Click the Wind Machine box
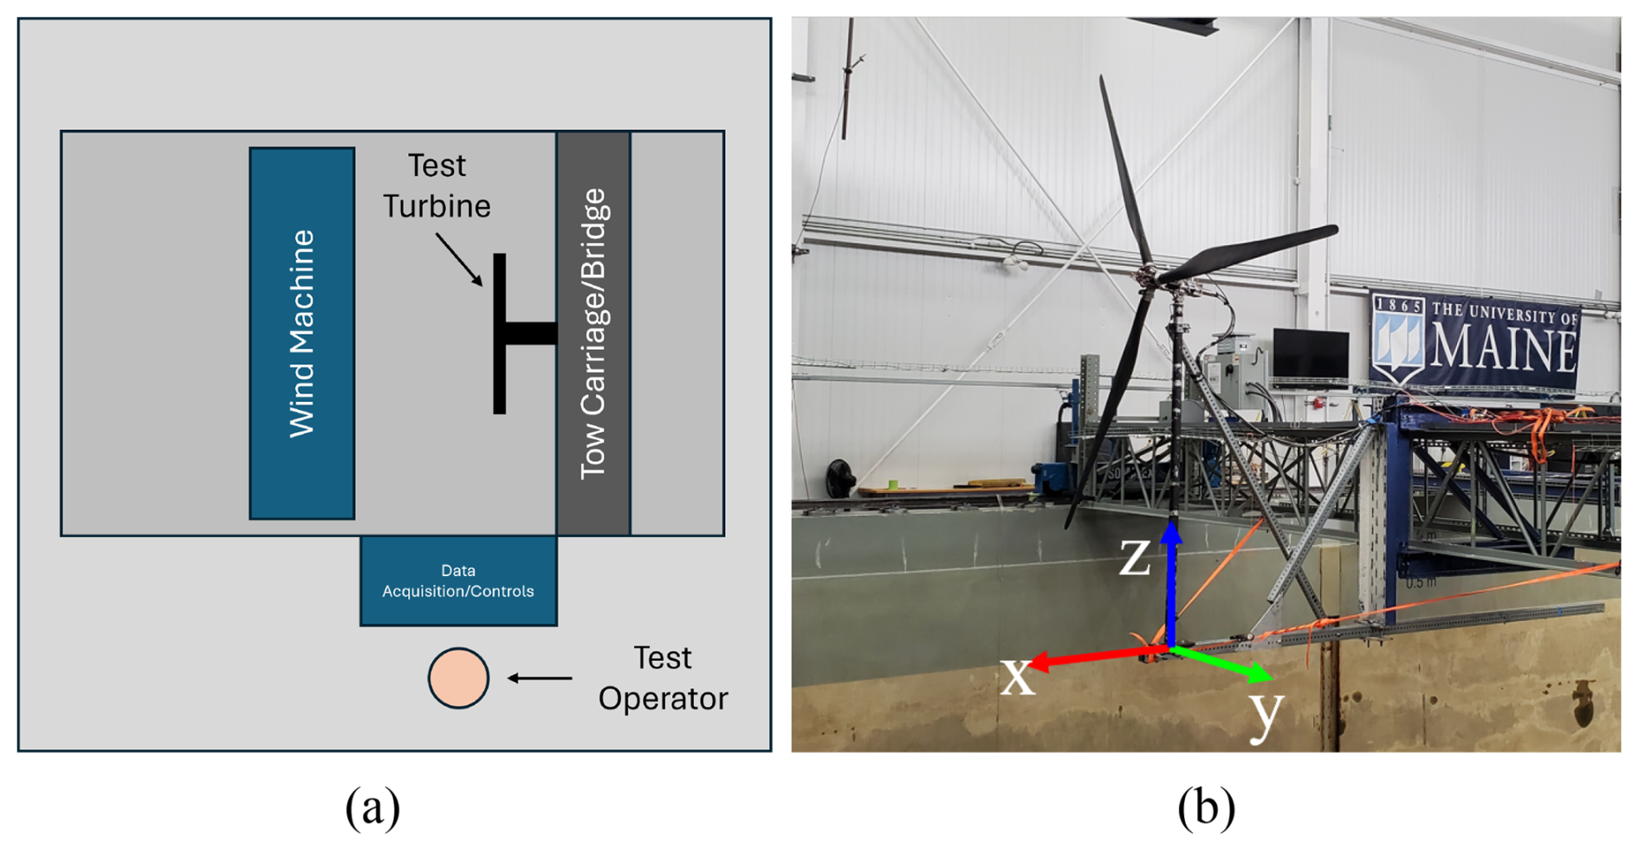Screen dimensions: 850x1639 click(x=301, y=334)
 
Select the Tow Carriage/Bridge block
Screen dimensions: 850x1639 click(x=593, y=334)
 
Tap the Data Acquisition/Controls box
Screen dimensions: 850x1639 click(x=458, y=581)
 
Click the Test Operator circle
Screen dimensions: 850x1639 click(x=458, y=678)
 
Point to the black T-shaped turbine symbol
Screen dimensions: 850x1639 click(x=511, y=334)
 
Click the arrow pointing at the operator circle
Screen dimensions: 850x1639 click(x=540, y=678)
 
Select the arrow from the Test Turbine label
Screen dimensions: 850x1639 click(x=458, y=258)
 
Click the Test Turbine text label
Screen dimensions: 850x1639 click(x=437, y=185)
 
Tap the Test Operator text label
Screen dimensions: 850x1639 click(x=663, y=678)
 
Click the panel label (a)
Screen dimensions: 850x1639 click(x=372, y=807)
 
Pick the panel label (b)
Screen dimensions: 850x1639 click(x=1205, y=807)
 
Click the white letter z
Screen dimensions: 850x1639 click(x=1135, y=556)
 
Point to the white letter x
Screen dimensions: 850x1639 click(x=1017, y=676)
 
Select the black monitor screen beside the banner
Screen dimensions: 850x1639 click(x=1310, y=353)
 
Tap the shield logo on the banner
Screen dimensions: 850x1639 click(x=1398, y=339)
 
